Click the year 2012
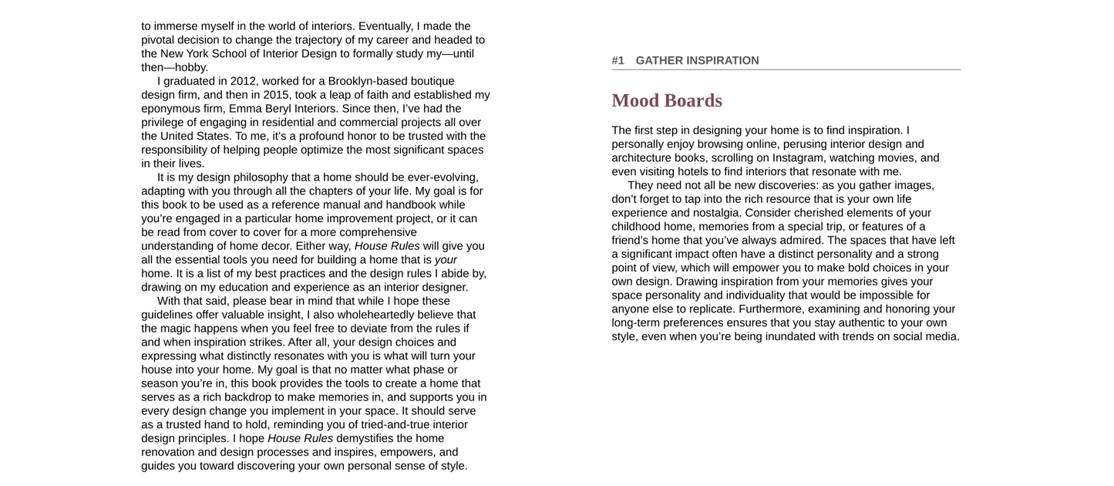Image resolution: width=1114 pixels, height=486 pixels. (x=243, y=81)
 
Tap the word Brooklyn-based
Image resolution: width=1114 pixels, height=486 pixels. (x=365, y=81)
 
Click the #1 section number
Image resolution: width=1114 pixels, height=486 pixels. (x=618, y=60)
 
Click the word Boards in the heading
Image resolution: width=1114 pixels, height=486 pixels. (x=693, y=101)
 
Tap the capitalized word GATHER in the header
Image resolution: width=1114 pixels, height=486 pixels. (x=658, y=60)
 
